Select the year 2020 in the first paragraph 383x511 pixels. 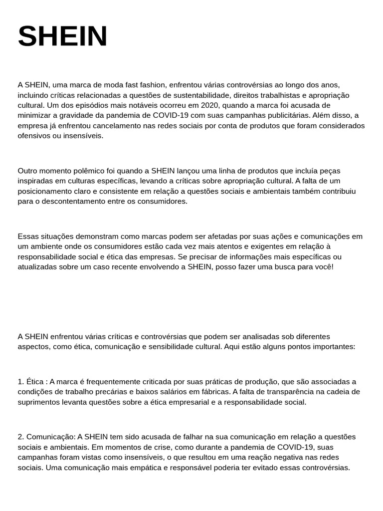210,105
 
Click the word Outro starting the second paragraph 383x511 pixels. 28,171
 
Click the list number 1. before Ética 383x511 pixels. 20,382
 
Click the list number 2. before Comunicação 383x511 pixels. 20,437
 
